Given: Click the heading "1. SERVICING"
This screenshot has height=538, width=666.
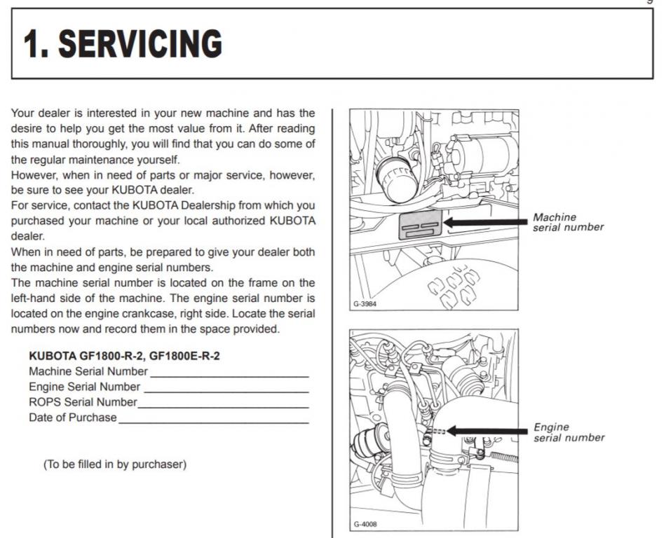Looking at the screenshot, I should [123, 43].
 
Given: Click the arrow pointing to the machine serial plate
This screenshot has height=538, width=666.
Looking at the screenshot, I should [484, 222].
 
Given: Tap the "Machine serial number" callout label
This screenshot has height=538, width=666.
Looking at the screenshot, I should [568, 222].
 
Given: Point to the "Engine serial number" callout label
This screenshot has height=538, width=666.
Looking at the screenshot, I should [569, 432].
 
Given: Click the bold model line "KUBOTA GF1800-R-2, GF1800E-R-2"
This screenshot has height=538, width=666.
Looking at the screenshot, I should [124, 356].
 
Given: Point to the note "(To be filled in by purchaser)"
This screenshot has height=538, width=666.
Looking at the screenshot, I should [115, 464].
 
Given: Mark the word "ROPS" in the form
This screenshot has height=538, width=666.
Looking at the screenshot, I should [45, 402].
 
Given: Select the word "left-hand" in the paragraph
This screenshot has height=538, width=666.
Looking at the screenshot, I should [34, 298].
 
